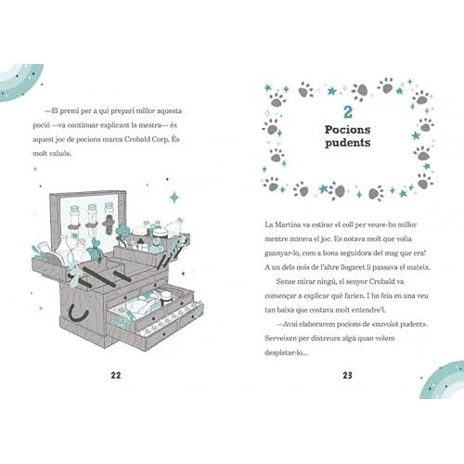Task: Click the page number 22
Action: [116, 375]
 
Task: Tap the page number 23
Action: [348, 375]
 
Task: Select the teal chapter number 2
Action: [348, 112]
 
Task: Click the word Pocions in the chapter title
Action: [347, 130]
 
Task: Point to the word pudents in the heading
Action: [348, 143]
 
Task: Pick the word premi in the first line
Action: [69, 111]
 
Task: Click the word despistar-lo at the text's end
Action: [286, 353]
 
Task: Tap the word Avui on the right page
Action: [290, 324]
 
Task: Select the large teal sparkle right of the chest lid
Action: [174, 198]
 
